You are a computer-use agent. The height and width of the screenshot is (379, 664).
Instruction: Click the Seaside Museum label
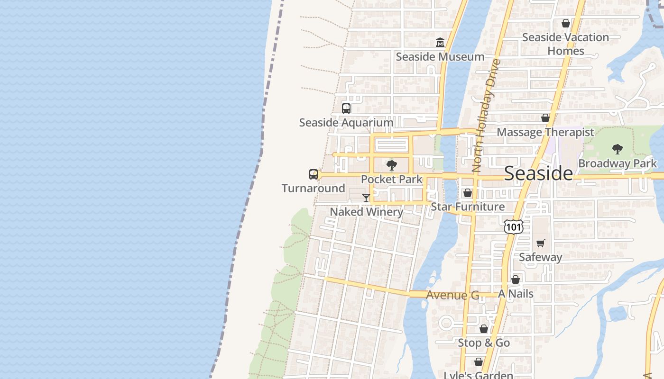tap(440, 57)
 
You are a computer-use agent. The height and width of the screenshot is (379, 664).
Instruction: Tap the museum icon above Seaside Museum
tap(440, 43)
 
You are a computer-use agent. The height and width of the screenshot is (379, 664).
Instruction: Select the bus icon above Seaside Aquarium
tap(346, 108)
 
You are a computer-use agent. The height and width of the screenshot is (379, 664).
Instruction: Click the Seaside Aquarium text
tap(346, 123)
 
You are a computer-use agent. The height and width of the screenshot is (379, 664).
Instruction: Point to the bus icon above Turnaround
tap(314, 174)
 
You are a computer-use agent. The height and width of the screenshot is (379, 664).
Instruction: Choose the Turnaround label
tap(313, 189)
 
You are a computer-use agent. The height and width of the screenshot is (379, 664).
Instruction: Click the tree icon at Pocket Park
tap(391, 165)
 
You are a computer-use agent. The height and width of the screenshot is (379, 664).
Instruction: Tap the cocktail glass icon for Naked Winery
tap(366, 198)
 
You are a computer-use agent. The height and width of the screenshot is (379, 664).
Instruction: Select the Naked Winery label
tap(366, 212)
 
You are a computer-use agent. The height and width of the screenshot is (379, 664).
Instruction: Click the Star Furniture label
tap(467, 207)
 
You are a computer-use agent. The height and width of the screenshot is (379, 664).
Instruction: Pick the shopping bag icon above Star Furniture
tap(467, 193)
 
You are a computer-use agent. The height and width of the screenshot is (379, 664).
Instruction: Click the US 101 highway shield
tap(514, 227)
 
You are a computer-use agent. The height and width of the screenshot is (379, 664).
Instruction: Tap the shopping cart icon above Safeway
tap(540, 243)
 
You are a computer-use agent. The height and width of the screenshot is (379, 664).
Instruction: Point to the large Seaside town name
tap(538, 173)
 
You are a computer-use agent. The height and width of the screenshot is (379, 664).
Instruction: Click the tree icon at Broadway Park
tap(617, 149)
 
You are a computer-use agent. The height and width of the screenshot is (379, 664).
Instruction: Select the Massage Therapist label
tap(545, 132)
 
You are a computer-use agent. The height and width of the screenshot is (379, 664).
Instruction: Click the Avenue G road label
tap(452, 295)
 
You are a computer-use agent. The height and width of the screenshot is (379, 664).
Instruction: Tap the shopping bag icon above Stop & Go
tap(483, 328)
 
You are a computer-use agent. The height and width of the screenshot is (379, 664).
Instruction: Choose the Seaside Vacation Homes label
tap(565, 44)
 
